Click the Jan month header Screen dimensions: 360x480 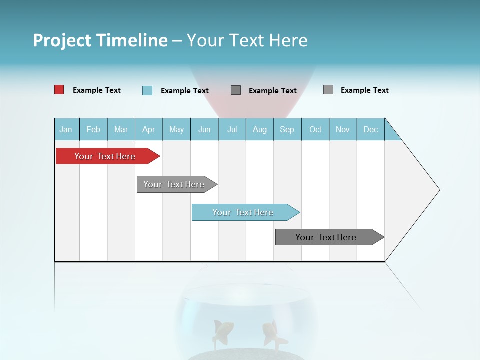pyautogui.click(x=66, y=129)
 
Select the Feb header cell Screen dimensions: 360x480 pyautogui.click(x=93, y=129)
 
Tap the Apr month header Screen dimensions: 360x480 pyautogui.click(x=149, y=129)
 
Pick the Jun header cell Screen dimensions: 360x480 pyautogui.click(x=204, y=129)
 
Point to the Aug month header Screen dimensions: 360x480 pyautogui.click(x=260, y=129)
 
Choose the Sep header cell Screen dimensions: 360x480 pyautogui.click(x=287, y=129)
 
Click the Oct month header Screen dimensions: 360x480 pyautogui.click(x=315, y=129)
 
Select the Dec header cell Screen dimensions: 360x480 pyautogui.click(x=371, y=129)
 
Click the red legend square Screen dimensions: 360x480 pyautogui.click(x=59, y=90)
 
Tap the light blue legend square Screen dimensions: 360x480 pyautogui.click(x=147, y=90)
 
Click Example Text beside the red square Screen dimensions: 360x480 pyautogui.click(x=97, y=90)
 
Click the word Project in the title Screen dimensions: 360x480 pyautogui.click(x=62, y=40)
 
